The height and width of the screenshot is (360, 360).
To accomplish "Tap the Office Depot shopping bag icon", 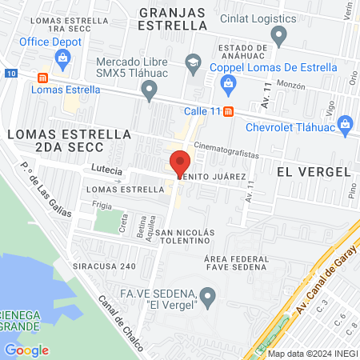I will [63, 57].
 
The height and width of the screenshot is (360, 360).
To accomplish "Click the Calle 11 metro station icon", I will [229, 111].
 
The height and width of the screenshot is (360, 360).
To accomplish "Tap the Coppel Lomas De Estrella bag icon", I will [229, 82].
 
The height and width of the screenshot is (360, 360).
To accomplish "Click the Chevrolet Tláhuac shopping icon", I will [346, 123].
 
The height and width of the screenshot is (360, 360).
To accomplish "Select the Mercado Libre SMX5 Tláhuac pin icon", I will [148, 93].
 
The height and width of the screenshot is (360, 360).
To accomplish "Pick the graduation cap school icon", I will [193, 61].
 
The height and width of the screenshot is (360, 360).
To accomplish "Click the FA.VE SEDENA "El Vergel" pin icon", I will [208, 300].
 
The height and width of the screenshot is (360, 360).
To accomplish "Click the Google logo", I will [26, 350].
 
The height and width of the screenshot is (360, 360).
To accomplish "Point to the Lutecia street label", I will [107, 170].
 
